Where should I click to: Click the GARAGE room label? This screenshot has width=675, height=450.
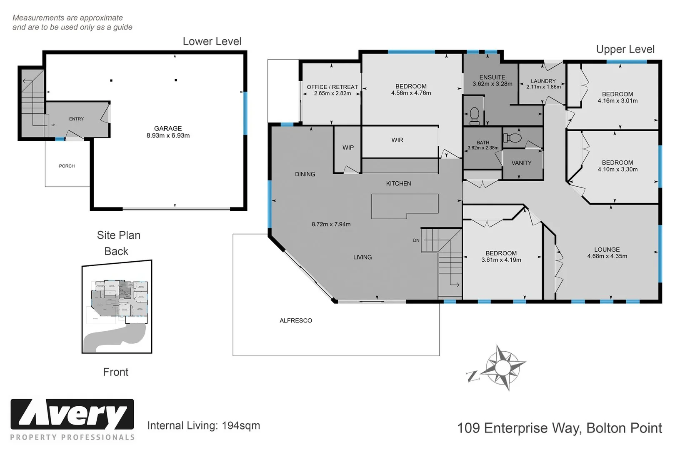168,128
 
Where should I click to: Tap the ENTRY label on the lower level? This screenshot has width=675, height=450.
76,119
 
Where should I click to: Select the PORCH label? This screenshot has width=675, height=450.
67,166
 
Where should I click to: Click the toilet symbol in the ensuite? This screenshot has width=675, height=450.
474,116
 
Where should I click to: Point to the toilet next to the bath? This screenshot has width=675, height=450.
512,138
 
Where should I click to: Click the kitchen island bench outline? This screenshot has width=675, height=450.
404,206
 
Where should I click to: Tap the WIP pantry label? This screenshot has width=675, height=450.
348,147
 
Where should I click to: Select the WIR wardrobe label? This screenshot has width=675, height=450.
397,140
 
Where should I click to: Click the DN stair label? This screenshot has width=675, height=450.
416,240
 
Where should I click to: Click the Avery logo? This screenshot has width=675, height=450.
72,415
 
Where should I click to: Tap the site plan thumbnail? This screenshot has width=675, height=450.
117,306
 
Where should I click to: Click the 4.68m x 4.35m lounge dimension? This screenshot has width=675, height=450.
607,256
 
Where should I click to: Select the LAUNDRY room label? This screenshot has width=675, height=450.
543,81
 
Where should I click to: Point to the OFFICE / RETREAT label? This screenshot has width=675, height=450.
332,87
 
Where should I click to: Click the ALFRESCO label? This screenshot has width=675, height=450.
296,320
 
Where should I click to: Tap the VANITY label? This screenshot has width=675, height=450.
521,163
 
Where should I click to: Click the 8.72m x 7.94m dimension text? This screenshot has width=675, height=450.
331,224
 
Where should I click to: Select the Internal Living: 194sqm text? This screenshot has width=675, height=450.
203,425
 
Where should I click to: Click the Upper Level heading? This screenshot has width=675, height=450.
625,49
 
